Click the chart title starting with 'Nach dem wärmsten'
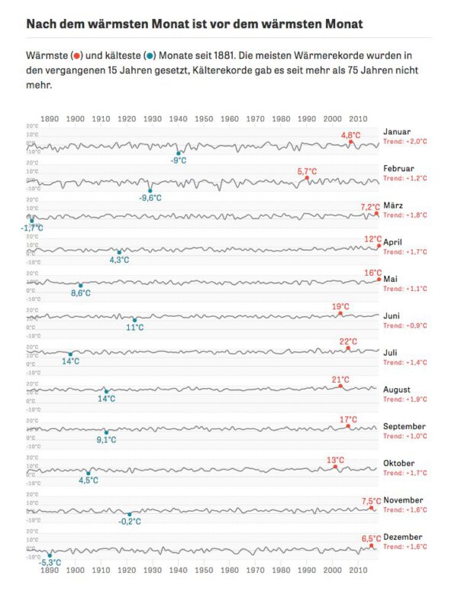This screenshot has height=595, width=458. [194, 24]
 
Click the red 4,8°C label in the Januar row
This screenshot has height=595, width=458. [350, 134]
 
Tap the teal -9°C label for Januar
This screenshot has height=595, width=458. [179, 160]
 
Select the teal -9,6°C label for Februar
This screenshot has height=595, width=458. [150, 198]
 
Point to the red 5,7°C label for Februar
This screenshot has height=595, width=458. [307, 171]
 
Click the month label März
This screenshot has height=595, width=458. [395, 205]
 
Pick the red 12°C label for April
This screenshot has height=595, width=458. [373, 238]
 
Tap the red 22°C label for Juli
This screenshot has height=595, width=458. [348, 341]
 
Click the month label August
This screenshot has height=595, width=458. [398, 390]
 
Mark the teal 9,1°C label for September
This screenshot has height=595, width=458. [106, 440]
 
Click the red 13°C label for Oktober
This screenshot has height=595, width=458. [335, 460]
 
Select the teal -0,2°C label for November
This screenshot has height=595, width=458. [130, 522]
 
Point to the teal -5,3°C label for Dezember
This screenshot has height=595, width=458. [50, 563]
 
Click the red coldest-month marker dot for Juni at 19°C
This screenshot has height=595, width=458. [340, 314]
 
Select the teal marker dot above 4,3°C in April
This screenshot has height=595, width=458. [119, 251]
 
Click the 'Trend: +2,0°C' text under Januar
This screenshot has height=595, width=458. [405, 141]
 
